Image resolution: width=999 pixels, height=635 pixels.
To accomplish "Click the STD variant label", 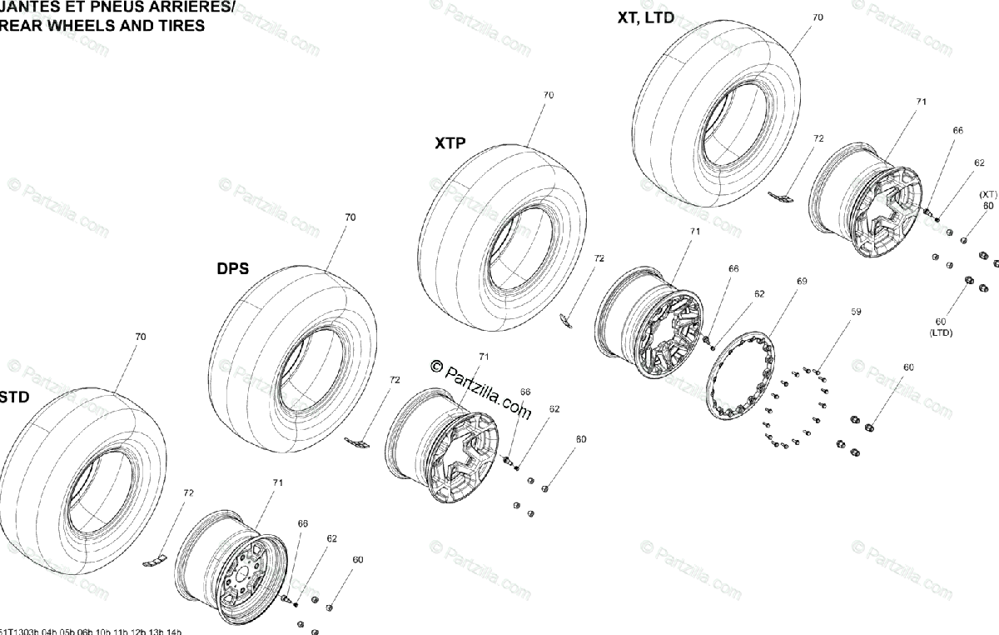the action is click(x=14, y=397).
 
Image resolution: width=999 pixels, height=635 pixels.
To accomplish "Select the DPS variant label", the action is click(x=232, y=269).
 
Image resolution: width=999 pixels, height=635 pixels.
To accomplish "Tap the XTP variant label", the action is click(x=450, y=143).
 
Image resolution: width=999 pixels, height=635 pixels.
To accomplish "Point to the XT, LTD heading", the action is click(x=646, y=17).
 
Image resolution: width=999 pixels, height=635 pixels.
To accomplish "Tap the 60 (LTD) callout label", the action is click(x=941, y=327).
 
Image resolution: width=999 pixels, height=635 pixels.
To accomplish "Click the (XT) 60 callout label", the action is click(x=987, y=200).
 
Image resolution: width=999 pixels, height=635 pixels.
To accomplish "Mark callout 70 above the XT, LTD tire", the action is click(x=818, y=17).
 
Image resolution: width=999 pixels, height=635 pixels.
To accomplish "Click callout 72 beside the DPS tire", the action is click(x=394, y=379).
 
